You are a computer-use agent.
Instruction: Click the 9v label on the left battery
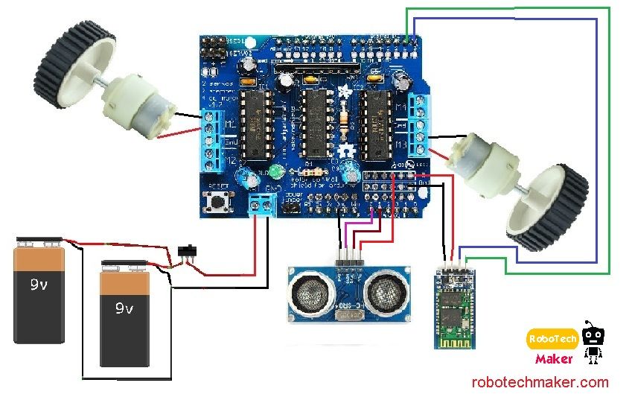[39, 285]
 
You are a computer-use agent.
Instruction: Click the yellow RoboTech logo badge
[552, 339]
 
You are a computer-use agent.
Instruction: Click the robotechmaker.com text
[540, 382]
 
